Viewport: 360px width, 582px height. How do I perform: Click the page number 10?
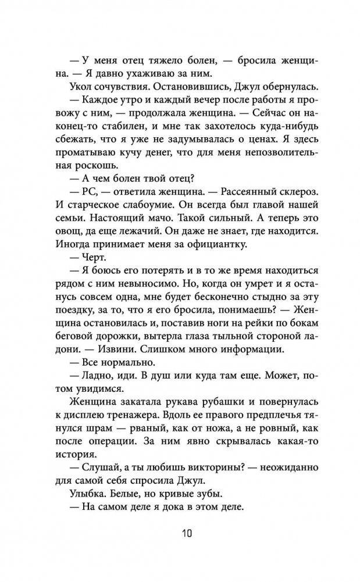click(x=180, y=533)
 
